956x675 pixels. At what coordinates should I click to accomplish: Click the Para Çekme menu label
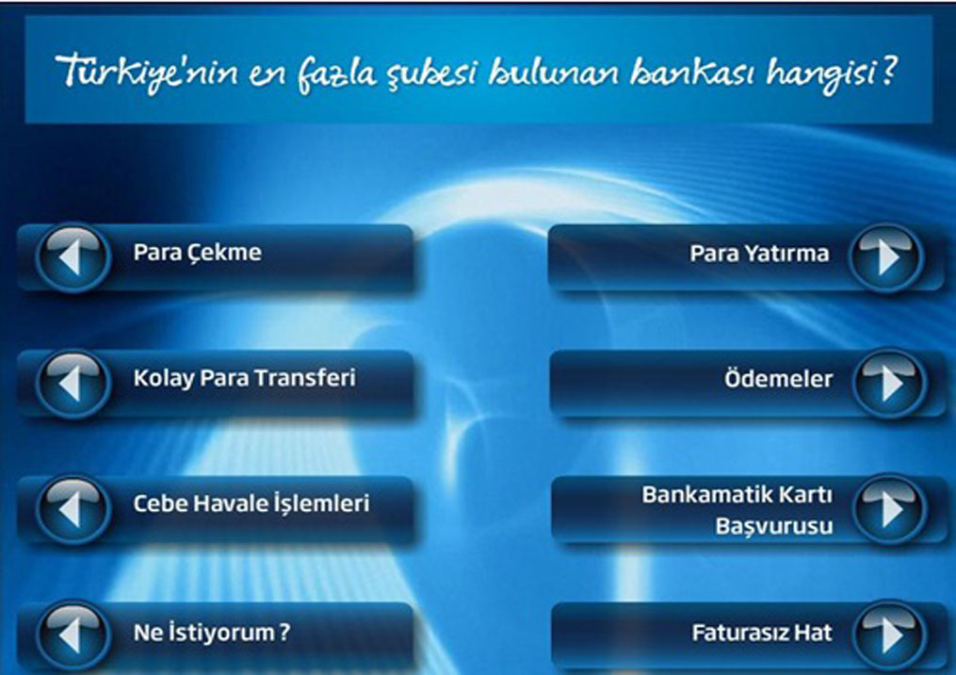197,253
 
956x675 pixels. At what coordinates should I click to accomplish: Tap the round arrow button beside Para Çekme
73,257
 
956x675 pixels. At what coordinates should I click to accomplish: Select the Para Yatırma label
759,254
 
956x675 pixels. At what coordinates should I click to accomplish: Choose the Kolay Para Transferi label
244,378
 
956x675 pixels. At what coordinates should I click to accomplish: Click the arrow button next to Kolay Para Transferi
73,383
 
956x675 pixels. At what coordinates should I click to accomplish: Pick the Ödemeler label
778,379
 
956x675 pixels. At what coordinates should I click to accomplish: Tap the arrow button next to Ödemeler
889,383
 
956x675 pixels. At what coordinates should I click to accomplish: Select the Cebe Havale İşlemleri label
251,504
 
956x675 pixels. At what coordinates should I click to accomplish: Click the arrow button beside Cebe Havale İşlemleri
73,508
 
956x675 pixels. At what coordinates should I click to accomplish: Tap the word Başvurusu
773,526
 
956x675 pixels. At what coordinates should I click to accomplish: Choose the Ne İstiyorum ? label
212,633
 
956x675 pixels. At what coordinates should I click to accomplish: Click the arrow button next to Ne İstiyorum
73,634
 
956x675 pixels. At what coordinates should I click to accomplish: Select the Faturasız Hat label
762,633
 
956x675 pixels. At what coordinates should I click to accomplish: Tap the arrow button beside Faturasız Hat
889,634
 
